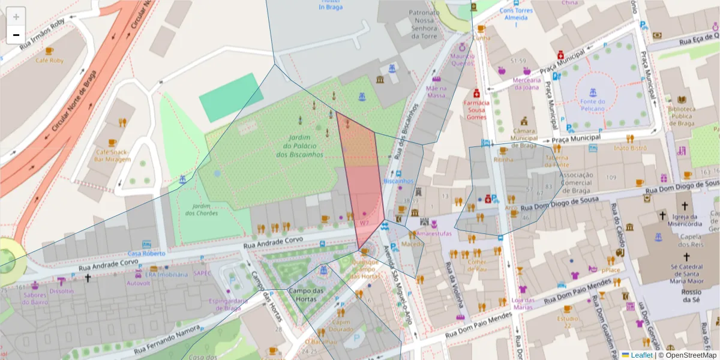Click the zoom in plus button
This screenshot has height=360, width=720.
tap(16, 16)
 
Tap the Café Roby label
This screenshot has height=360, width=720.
tap(49, 61)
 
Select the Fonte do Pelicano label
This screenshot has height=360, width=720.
tap(592, 105)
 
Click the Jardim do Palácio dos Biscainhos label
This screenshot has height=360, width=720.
tap(299, 146)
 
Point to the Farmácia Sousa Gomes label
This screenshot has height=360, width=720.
tap(476, 110)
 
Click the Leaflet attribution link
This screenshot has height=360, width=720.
tap(641, 355)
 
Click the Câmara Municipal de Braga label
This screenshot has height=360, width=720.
tap(524, 138)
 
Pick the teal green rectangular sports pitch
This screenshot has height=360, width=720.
tap(227, 97)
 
